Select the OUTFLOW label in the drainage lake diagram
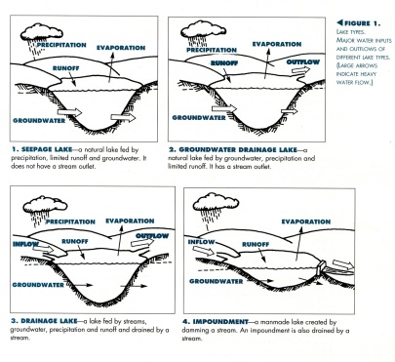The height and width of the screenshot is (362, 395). click(x=151, y=235)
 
